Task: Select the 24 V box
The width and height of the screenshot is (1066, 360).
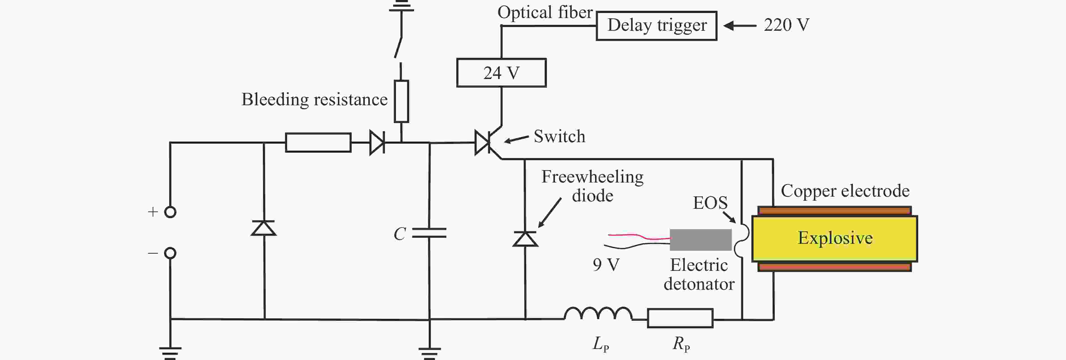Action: coord(501,73)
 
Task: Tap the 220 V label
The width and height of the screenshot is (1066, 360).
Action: coord(786,25)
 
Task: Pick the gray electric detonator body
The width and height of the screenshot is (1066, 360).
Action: coord(701,240)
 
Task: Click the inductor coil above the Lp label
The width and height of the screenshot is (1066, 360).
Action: coord(598,314)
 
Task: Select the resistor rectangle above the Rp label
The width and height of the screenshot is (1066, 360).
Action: coord(680,318)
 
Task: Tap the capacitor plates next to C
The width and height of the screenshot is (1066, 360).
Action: coord(430,233)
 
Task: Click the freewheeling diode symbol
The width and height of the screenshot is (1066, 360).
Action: coord(525,239)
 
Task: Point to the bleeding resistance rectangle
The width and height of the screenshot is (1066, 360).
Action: coord(401,101)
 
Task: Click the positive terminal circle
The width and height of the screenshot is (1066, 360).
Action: coord(170,212)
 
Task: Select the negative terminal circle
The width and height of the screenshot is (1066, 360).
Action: coord(170,253)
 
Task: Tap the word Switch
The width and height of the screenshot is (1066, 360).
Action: coord(560,137)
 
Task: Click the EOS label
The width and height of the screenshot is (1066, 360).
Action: coord(710,203)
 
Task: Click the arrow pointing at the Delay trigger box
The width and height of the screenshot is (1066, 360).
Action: coord(740,26)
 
